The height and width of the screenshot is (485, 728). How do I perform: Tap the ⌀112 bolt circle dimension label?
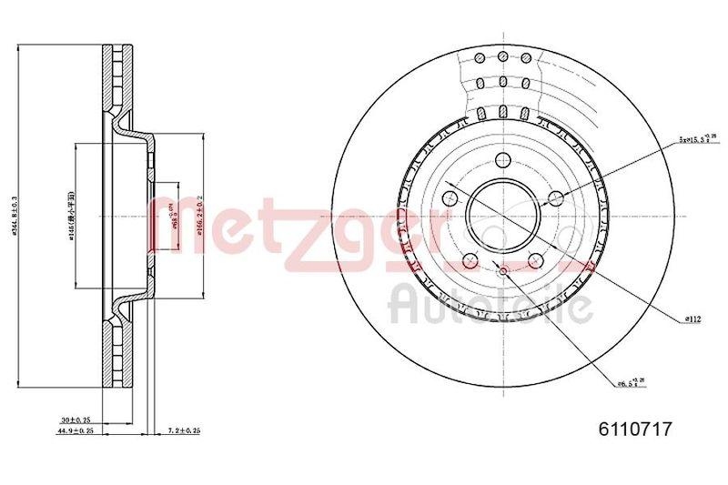(694, 318)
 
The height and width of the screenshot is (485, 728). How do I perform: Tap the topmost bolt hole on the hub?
(502, 161)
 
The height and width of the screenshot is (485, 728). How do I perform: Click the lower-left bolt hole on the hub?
(470, 259)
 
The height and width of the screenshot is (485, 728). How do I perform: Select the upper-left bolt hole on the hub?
(450, 198)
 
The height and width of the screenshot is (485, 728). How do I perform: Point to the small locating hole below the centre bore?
(502, 270)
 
